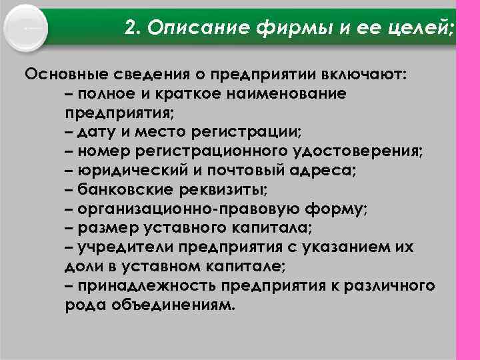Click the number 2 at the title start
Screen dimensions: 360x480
point(132,29)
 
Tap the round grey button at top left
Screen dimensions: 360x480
point(25,29)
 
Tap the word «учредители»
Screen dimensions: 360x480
point(122,247)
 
